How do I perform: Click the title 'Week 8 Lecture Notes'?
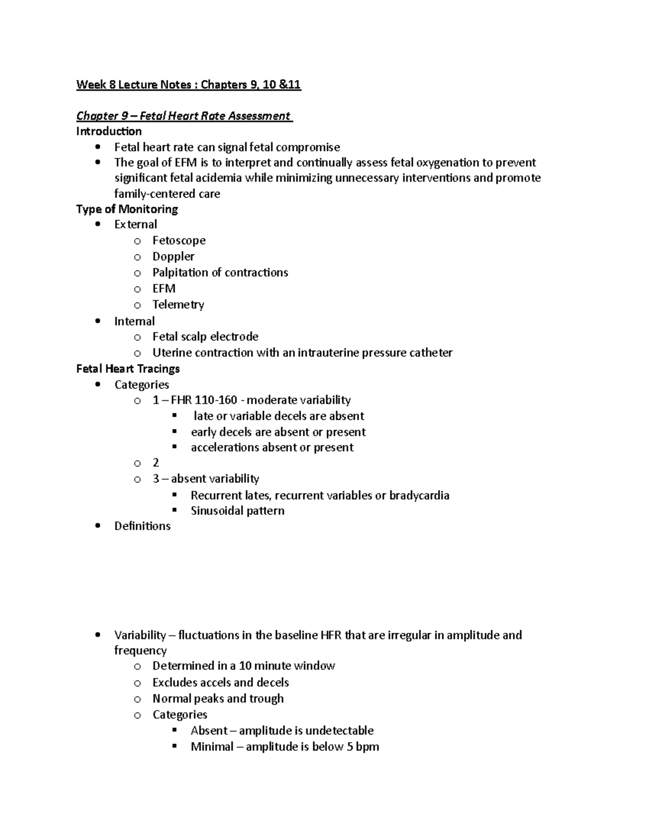click(x=134, y=84)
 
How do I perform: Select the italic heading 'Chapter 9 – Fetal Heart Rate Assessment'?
click(x=184, y=116)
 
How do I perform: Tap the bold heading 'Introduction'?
click(x=109, y=131)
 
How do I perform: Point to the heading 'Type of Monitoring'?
click(x=127, y=209)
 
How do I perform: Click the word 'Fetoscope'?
click(x=179, y=240)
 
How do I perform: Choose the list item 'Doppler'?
click(x=173, y=256)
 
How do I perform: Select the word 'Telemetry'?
click(x=178, y=305)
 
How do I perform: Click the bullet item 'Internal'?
click(x=134, y=321)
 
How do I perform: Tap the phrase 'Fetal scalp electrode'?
click(x=205, y=336)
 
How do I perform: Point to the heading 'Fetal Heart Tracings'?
click(x=128, y=369)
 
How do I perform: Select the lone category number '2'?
click(x=156, y=462)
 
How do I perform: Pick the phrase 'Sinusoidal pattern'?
click(x=237, y=511)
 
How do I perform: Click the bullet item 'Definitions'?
click(x=142, y=526)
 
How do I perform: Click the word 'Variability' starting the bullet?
click(x=140, y=635)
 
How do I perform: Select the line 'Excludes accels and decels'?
click(x=221, y=683)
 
